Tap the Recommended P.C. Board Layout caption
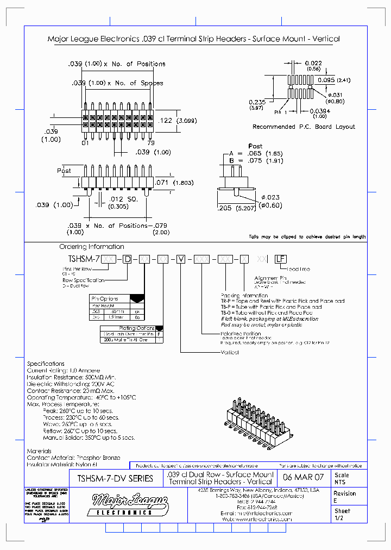[304, 127]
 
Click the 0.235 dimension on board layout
[257, 105]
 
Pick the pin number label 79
[149, 143]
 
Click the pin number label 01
[85, 143]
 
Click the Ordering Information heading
[91, 247]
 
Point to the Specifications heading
[46, 364]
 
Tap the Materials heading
[39, 451]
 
